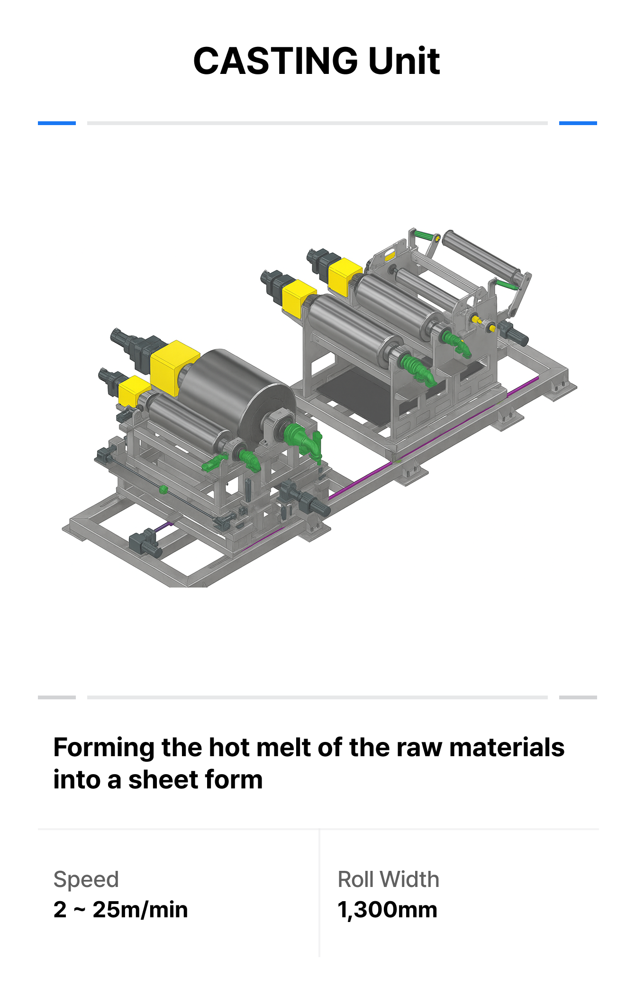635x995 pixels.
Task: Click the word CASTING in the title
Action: pos(275,61)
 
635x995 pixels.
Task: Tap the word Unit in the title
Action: pos(404,61)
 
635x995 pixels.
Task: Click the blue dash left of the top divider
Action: pos(57,123)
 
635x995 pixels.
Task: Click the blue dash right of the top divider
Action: pos(578,123)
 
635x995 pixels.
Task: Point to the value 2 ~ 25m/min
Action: pos(120,910)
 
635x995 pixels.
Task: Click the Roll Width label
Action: pos(389,879)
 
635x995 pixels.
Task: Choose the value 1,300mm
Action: pos(388,910)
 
